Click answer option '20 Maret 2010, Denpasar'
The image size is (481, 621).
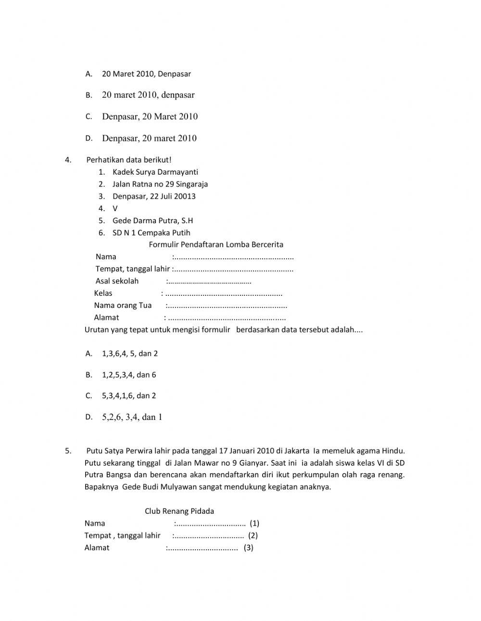[146, 74]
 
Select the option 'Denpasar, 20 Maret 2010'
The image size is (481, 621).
[150, 117]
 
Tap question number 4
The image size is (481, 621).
[68, 160]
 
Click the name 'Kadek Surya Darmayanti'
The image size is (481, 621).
[155, 172]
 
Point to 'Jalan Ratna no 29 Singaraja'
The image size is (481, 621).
[160, 184]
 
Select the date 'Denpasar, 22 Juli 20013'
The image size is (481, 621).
[154, 196]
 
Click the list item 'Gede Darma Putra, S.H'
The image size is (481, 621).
[152, 221]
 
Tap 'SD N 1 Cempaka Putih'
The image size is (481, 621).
[151, 233]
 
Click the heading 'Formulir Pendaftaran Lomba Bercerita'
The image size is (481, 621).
[216, 245]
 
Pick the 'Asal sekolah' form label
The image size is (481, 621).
[117, 281]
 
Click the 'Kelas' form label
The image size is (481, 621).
[103, 293]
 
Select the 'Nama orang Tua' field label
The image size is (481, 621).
[123, 305]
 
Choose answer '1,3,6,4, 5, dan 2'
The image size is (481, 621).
[130, 354]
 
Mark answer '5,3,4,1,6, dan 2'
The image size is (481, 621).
[129, 396]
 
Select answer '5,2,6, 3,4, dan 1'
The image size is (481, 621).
[132, 418]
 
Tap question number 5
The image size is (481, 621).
[68, 451]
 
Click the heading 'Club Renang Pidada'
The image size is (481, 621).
[179, 511]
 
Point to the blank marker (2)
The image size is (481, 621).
[253, 536]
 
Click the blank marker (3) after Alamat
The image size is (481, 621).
[248, 548]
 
